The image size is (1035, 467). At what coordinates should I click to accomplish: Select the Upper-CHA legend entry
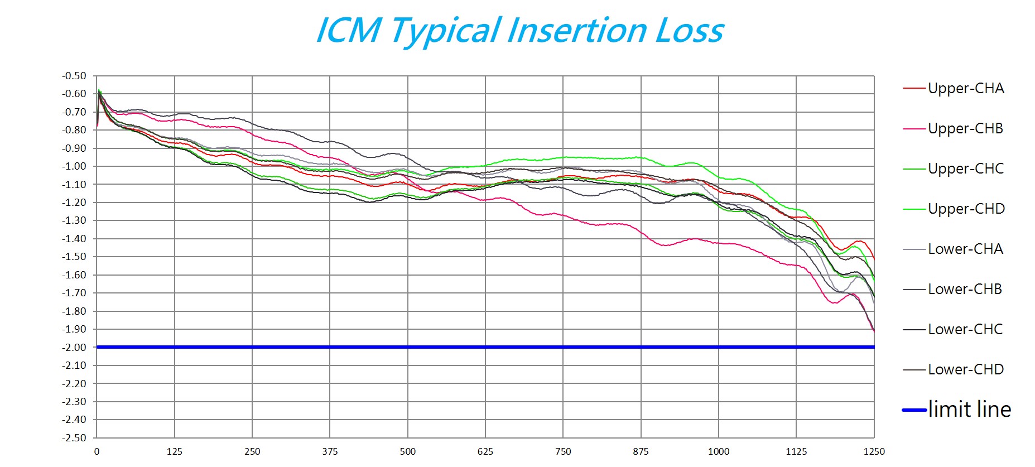pos(965,88)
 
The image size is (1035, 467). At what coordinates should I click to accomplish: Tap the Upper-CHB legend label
pos(965,128)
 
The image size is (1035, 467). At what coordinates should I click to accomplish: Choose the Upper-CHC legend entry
pos(965,168)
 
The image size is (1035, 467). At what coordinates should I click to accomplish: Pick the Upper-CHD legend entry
pos(966,209)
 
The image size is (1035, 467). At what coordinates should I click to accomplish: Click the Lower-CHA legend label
pos(965,249)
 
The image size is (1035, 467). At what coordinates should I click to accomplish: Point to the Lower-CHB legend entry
pos(965,289)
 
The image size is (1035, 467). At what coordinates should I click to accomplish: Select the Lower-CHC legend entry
pos(965,329)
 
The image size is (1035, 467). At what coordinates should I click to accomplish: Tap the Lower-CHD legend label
pos(965,369)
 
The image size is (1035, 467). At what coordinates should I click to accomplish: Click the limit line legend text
pos(969,410)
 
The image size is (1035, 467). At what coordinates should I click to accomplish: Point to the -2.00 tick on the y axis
pos(74,347)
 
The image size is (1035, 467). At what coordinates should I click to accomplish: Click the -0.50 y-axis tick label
pos(74,76)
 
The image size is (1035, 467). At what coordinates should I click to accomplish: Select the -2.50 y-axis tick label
pos(74,438)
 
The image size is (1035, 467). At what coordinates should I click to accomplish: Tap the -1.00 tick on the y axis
pos(74,166)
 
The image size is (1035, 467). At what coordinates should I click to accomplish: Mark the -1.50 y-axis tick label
pos(74,257)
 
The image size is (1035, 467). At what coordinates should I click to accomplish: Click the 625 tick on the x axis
pos(485,451)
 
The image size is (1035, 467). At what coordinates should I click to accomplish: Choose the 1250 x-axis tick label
pos(874,451)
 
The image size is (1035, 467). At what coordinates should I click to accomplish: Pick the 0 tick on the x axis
pos(97,451)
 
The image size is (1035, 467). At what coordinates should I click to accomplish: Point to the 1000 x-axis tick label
pos(718,451)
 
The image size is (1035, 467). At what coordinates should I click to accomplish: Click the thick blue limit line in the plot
pos(485,347)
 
